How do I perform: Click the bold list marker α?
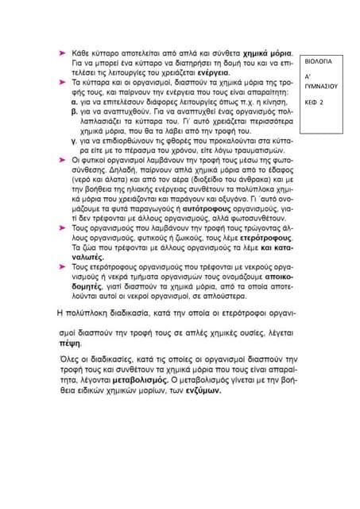coord(73,103)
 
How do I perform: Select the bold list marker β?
coord(73,113)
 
